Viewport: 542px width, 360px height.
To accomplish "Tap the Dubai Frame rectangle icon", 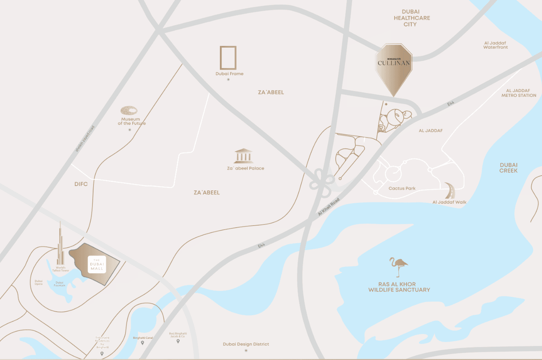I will pos(228,58).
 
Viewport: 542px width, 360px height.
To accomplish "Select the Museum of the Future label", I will pos(132,121).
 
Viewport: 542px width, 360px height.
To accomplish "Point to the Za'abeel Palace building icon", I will pos(243,156).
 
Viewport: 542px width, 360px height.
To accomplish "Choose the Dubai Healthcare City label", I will pos(411,18).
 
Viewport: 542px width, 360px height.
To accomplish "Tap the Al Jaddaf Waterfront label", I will pos(495,45).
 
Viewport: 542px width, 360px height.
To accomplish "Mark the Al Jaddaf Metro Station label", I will pos(518,93).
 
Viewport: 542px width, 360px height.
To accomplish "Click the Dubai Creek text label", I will pos(508,168).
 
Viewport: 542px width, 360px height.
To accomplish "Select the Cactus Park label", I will pos(402,188).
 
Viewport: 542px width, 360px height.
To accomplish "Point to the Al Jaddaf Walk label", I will pos(449,202).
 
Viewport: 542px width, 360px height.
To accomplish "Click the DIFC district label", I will pos(81,184).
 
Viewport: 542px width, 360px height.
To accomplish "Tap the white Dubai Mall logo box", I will pos(97,264).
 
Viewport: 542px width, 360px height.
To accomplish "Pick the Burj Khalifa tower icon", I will pos(60,244).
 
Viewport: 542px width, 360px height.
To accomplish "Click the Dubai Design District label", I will pos(246,344).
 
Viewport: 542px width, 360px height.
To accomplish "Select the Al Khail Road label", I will pos(329,207).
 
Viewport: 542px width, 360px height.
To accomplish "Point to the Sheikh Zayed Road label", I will pos(85,139).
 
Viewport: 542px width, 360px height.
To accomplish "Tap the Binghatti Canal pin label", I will pos(143,338).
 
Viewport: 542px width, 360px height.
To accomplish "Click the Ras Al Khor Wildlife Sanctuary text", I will pos(399,287).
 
